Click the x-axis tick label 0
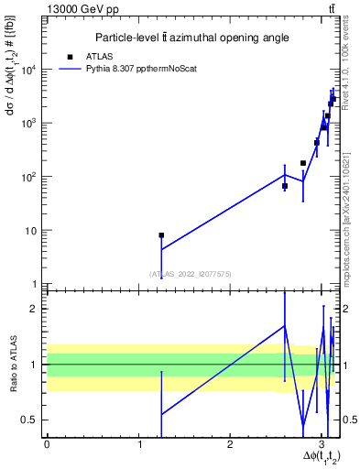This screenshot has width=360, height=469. coord(47,443)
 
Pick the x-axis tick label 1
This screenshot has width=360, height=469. coord(138,443)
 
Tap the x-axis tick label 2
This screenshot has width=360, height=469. coord(230,443)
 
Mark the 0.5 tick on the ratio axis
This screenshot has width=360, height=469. coord(30,420)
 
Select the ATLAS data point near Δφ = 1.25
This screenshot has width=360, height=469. coord(161,235)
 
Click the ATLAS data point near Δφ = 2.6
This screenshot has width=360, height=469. coord(285,186)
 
